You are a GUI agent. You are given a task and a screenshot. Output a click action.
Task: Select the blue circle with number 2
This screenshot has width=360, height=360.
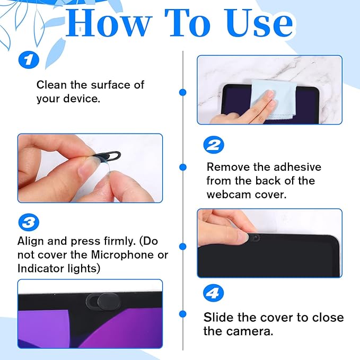[214, 145]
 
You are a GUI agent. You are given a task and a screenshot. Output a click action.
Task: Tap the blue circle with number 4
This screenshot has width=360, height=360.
[214, 293]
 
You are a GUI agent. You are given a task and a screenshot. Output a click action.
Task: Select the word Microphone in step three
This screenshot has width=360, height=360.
[115, 254]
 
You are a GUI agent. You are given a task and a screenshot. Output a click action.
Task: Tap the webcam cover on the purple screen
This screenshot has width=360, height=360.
[104, 300]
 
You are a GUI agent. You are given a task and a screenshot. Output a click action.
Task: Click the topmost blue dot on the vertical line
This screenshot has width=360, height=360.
[182, 92]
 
